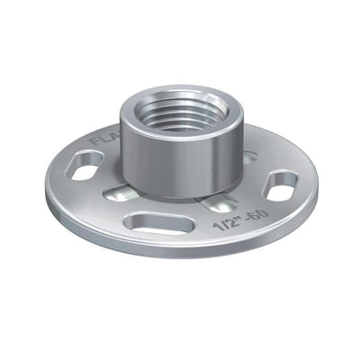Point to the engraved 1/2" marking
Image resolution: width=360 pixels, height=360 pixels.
224,224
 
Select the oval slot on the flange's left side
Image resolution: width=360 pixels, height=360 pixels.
86,166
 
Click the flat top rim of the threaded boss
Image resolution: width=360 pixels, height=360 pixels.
180,91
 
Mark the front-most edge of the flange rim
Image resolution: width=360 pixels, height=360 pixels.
180,256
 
